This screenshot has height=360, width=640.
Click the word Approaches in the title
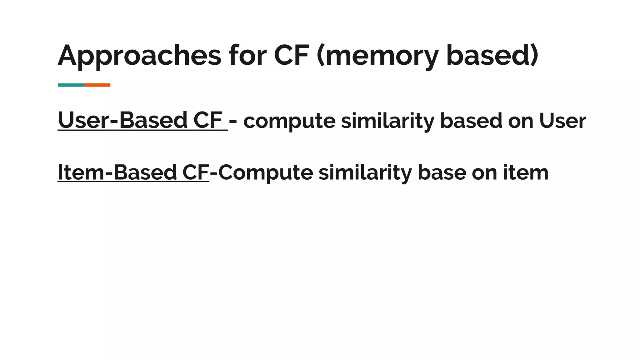(139, 56)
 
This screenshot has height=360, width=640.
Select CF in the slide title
(292, 56)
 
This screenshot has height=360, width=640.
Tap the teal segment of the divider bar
(71, 85)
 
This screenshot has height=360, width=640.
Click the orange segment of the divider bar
(97, 85)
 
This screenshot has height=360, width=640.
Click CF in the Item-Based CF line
(196, 172)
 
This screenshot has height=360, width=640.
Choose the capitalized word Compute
(266, 173)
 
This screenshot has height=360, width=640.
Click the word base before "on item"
(442, 173)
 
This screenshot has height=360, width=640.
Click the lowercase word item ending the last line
(526, 173)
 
